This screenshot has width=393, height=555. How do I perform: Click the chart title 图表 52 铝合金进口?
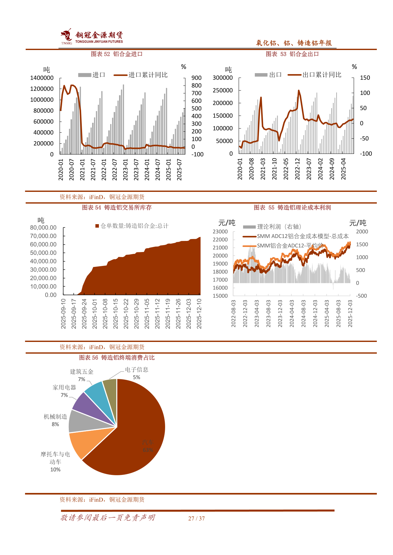pos(117,54)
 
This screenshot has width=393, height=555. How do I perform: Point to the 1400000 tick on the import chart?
pos(42,78)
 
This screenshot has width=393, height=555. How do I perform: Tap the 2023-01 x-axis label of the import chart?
pos(126,170)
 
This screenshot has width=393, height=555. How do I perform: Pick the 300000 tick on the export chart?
pos(222,78)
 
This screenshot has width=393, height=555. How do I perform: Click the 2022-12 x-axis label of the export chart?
pos(297,169)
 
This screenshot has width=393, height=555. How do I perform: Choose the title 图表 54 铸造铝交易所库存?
pos(117,208)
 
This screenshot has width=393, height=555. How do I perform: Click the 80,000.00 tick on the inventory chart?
pos(43,228)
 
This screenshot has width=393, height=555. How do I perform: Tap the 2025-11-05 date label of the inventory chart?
pos(147,313)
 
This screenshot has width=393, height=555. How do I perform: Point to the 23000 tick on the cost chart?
pos(220,232)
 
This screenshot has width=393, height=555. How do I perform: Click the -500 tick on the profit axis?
pos(361,296)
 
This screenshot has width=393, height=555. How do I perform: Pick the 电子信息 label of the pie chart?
pos(137,370)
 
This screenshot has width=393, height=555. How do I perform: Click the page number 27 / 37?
pos(196,519)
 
